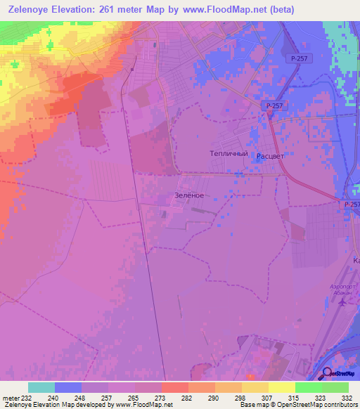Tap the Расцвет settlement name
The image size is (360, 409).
(x=271, y=156)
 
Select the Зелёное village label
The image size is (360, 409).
(x=188, y=195)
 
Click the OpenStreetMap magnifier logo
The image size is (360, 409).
(x=327, y=373)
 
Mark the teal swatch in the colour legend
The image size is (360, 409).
(x=41, y=387)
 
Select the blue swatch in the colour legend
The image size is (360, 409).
(x=68, y=387)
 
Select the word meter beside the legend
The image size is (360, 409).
(x=11, y=398)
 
